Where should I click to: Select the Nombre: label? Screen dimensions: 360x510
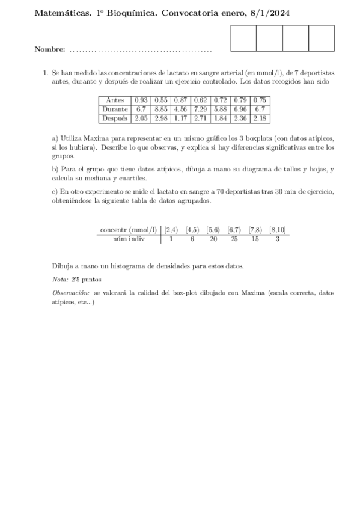(50, 49)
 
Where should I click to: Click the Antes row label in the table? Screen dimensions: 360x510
(115, 100)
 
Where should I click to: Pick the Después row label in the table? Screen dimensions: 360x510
(115, 118)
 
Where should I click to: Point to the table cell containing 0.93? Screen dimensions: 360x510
(141, 100)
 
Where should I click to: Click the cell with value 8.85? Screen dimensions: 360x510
(160, 109)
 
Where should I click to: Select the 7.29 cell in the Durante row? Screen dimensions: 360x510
(200, 109)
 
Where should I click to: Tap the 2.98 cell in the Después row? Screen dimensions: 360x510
(160, 118)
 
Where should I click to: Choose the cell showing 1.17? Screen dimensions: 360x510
(180, 118)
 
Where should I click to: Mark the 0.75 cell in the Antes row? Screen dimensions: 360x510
(260, 100)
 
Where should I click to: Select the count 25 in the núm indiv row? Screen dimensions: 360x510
(234, 239)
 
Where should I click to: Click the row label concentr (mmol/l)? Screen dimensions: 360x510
(128, 229)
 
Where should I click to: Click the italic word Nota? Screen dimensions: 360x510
(61, 280)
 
